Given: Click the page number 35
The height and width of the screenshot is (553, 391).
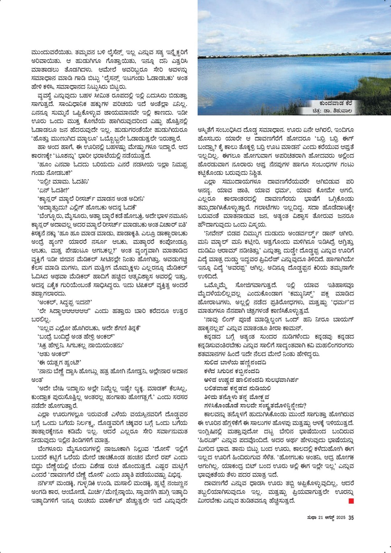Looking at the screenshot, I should tap(351, 517).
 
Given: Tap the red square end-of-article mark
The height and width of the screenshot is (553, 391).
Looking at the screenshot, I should tap(351, 501).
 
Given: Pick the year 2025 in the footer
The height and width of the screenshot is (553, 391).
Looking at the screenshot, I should tap(341, 518).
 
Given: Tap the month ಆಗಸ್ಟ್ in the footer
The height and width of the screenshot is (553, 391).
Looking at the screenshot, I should tap(329, 518).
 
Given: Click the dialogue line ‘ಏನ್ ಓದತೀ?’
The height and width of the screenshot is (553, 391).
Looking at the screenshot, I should tap(53, 190).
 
